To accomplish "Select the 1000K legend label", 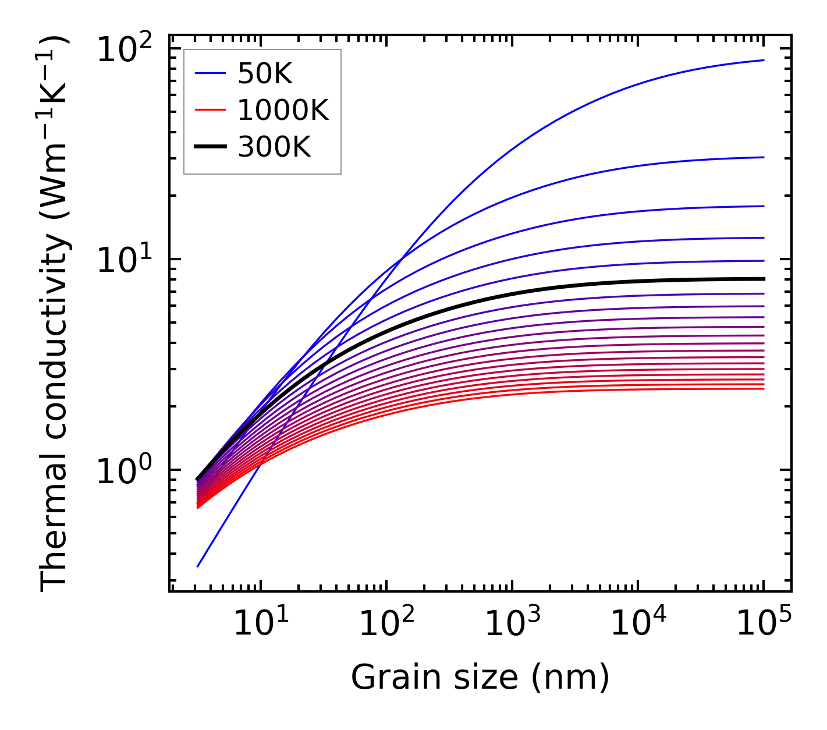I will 283,110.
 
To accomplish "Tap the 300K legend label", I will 274,147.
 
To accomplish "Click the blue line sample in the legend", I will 210,73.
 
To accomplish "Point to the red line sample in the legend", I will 210,110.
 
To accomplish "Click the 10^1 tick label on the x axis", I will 260,624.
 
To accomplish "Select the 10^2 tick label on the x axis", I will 386,624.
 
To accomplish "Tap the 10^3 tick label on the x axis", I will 512,624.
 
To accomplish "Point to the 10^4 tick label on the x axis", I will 637,624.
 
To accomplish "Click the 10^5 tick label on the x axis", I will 763,624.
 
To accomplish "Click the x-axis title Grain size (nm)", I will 480,677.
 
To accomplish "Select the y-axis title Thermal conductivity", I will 55,314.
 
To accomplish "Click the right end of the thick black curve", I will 763,279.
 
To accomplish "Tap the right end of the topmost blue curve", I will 763,60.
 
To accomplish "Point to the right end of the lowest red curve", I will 763,388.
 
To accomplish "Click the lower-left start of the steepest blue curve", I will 198,566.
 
